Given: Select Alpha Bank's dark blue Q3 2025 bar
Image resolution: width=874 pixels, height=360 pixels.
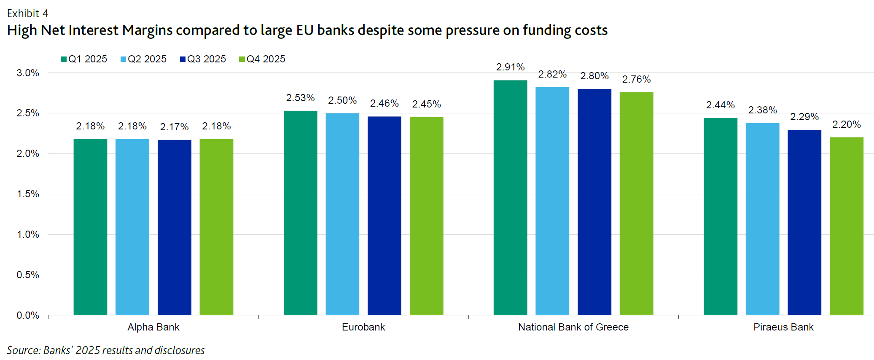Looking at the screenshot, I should point(174,227).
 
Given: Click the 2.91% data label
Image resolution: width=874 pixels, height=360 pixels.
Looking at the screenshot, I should point(510,67).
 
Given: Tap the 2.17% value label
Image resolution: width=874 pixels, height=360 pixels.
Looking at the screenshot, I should point(174,127).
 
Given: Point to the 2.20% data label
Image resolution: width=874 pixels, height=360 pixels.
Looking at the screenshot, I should point(846,124).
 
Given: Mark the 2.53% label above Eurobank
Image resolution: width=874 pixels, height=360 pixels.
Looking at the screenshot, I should point(300,98).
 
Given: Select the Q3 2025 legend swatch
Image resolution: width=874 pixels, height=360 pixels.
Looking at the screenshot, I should point(183,59).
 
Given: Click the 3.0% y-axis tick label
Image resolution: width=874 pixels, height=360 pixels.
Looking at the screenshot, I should point(28,73).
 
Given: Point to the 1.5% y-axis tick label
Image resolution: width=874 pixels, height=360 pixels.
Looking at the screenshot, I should point(28,194).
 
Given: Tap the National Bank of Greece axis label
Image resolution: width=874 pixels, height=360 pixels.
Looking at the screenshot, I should point(573,327).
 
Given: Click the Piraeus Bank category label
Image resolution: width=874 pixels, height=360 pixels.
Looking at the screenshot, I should point(783,327).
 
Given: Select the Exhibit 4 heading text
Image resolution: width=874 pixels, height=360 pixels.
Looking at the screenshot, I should point(28,13).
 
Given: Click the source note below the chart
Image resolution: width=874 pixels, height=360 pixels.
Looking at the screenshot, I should point(105,350).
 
